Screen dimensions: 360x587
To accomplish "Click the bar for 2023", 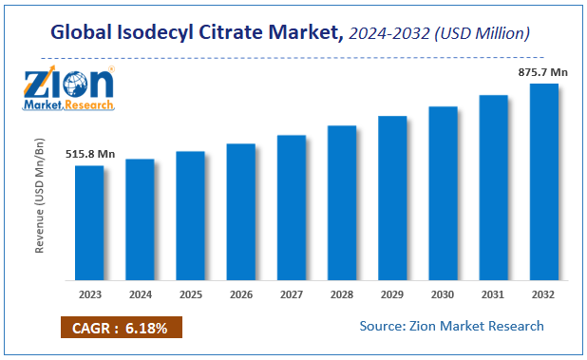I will (x=89, y=222).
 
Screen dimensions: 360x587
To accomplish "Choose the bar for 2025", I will (x=190, y=216).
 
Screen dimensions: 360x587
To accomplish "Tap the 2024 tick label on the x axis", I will (x=140, y=294).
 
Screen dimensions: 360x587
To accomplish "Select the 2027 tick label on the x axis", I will (x=292, y=294).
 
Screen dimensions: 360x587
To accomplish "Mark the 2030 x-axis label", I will (x=444, y=294).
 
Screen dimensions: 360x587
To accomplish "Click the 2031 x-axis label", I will (x=494, y=294).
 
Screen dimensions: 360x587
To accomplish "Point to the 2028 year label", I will (x=342, y=294).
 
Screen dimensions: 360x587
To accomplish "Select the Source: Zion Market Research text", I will (x=451, y=326).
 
